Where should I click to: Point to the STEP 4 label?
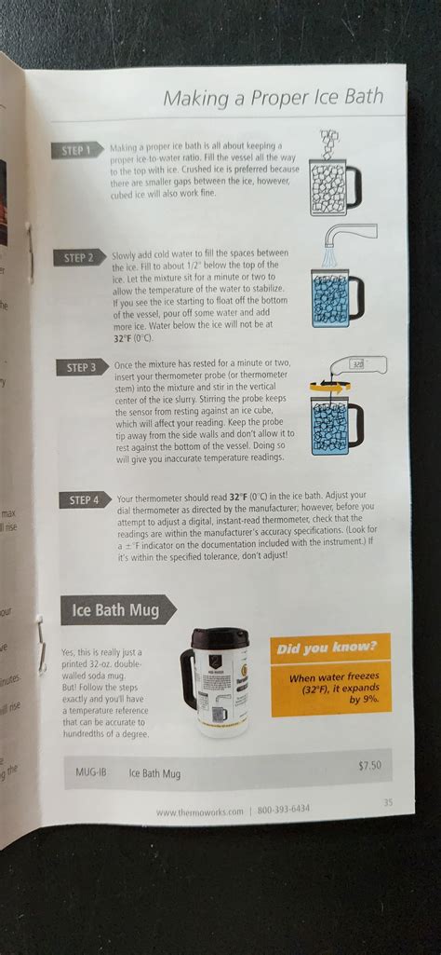(x=85, y=500)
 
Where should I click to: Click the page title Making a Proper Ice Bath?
(x=272, y=97)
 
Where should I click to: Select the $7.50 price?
(x=369, y=766)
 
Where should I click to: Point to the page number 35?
(x=387, y=802)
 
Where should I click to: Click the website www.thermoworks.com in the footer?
(x=199, y=812)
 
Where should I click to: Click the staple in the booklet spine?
(x=40, y=644)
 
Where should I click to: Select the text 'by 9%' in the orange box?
(x=367, y=700)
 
